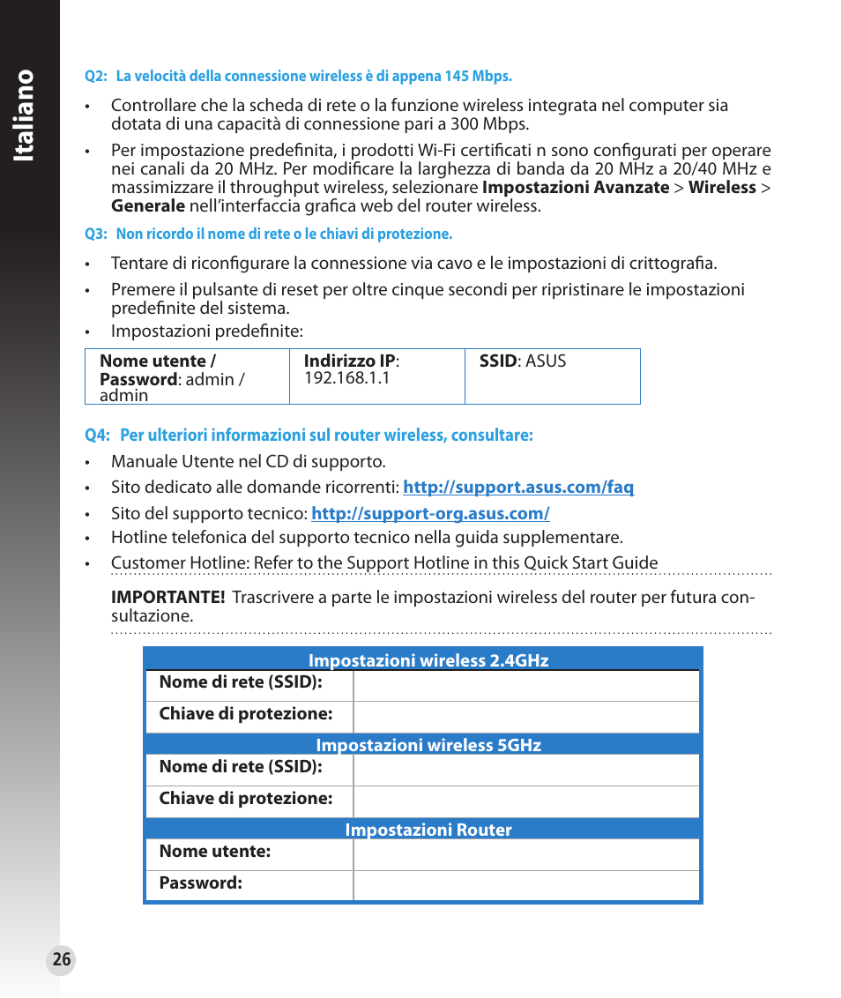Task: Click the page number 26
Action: coord(61,960)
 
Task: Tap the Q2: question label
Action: coord(95,77)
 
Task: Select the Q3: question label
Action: coord(95,235)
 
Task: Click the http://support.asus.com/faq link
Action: coord(518,488)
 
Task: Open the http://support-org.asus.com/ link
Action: coord(430,514)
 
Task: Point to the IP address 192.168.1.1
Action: coord(346,377)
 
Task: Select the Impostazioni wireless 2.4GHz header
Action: coord(428,661)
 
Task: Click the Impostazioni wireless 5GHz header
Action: coord(428,746)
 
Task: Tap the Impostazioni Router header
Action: coord(428,830)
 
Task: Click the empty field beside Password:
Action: coord(525,885)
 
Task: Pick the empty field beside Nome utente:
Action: coord(525,853)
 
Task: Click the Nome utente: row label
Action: coord(214,852)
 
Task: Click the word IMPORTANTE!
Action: coord(167,598)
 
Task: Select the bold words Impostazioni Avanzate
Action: coord(575,188)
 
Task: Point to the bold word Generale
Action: coord(147,206)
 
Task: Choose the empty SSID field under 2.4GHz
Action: coord(525,685)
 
